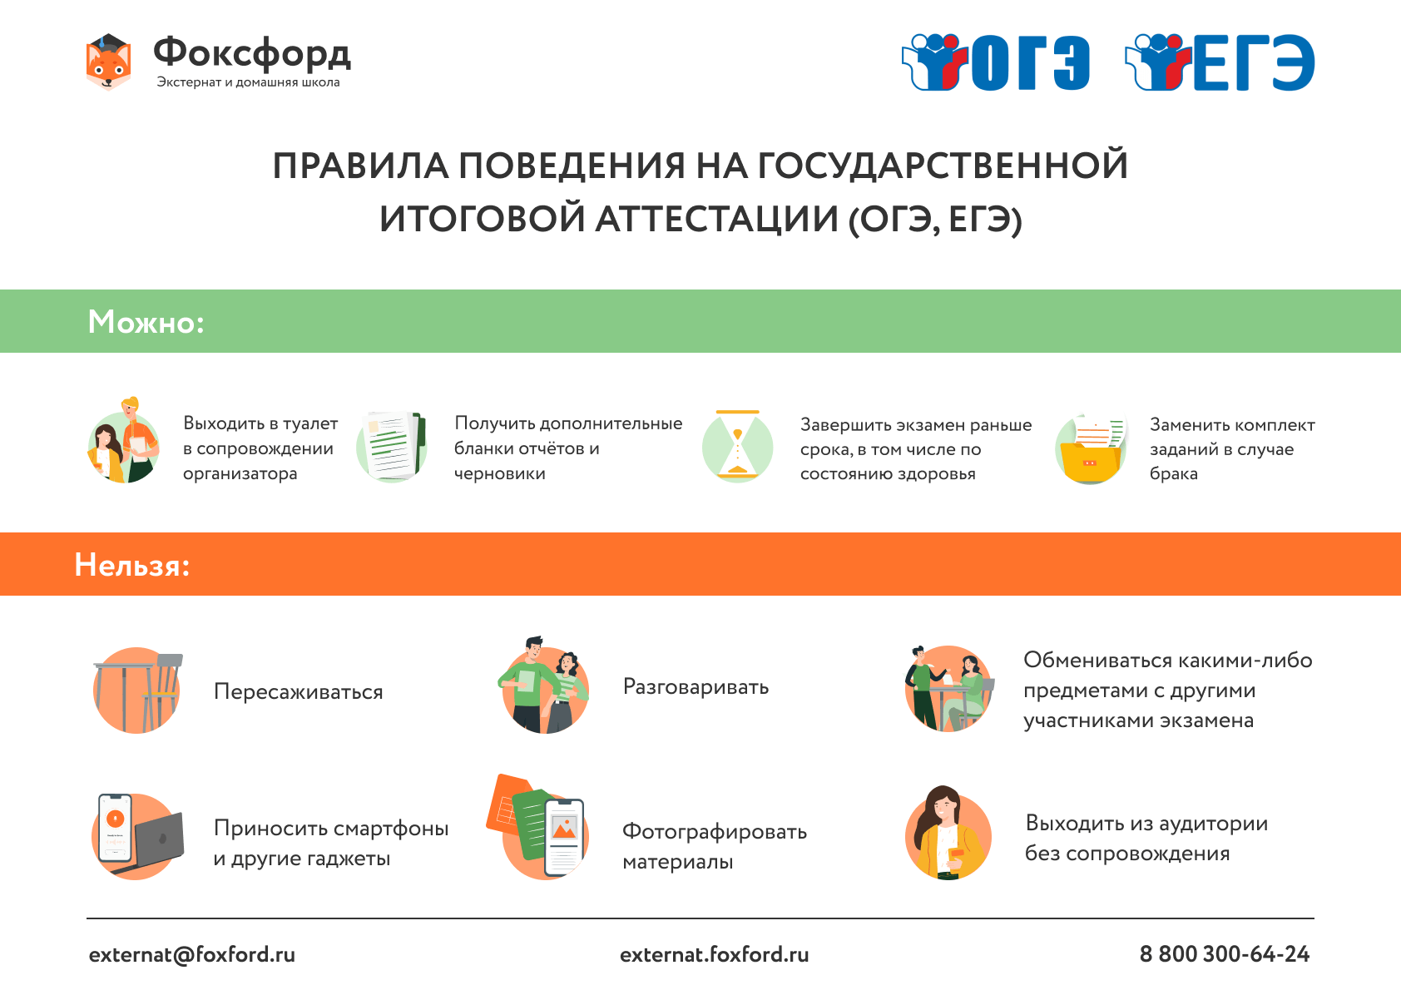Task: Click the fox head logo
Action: coord(108,62)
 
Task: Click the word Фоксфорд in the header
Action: coord(252,54)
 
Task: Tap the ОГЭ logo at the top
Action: coord(996,62)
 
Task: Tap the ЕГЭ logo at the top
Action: coord(1220,62)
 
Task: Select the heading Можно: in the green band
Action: coord(146,322)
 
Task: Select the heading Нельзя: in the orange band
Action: coord(132,565)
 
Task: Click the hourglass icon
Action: coord(737,445)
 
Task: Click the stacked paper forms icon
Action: coord(392,447)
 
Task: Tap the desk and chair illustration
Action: coord(137,691)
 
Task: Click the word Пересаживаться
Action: coord(299,691)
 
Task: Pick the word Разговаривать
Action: coord(696,686)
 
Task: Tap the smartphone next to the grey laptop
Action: coord(115,827)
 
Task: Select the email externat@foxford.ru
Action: coord(192,954)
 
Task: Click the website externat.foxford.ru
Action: coord(715,954)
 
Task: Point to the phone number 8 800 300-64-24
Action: coord(1225,953)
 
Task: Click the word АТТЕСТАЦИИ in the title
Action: coord(716,219)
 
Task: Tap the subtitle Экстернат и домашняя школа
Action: coord(248,82)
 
